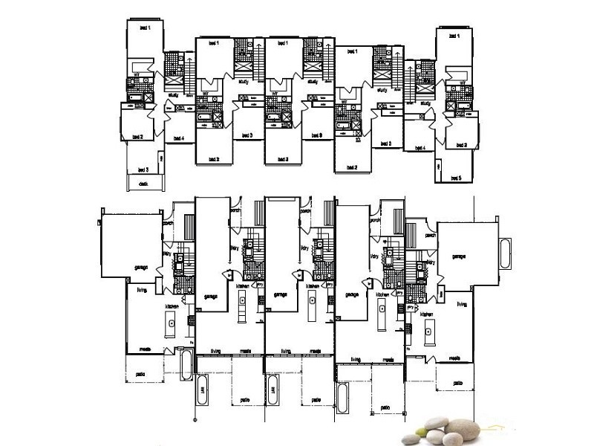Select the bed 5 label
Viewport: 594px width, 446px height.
[454, 178]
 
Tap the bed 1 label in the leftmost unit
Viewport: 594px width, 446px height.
[145, 28]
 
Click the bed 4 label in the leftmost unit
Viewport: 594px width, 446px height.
[177, 138]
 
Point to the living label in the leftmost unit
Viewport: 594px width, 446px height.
[140, 291]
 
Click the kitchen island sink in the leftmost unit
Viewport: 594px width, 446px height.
[171, 323]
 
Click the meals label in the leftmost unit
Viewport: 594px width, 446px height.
[138, 349]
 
